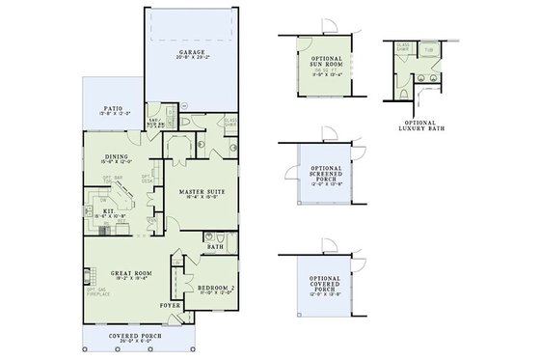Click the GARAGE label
click(x=194, y=52)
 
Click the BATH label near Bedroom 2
click(x=215, y=247)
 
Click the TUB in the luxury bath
click(x=428, y=48)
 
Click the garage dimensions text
click(x=194, y=59)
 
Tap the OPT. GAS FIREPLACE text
click(x=94, y=291)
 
